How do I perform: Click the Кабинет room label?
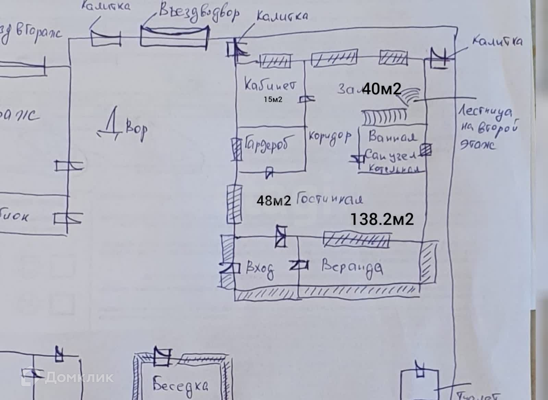269,85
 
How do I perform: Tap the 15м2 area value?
273,100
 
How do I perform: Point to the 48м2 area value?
274,201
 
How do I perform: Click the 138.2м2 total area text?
382,219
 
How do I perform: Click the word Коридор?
330,137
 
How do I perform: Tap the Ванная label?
392,137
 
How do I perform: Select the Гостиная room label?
329,199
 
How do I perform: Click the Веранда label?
352,267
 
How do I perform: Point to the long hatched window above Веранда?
356,239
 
